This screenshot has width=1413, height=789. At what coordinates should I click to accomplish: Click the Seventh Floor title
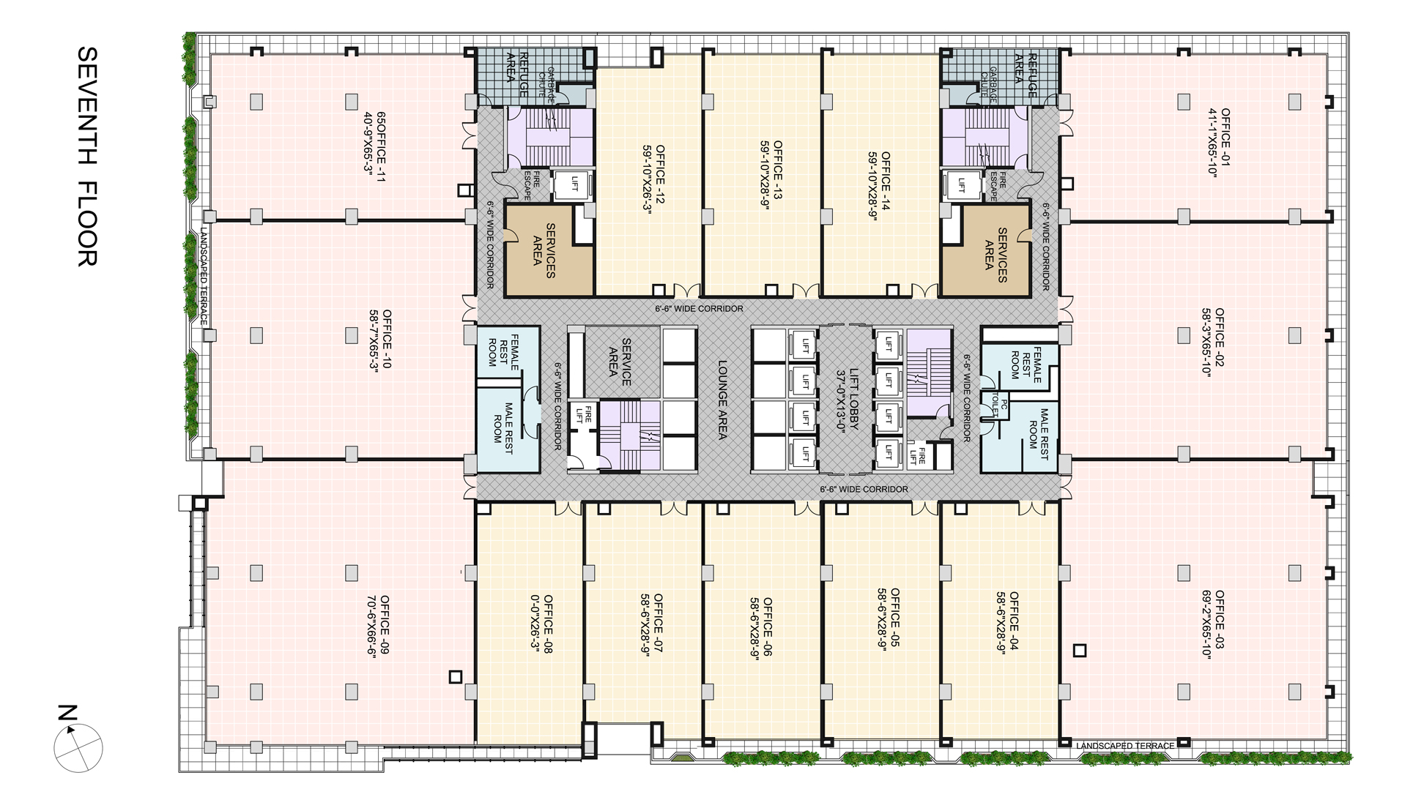87,157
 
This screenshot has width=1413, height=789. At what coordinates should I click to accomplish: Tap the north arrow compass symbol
78,748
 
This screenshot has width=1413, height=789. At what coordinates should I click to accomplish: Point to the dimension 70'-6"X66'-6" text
373,627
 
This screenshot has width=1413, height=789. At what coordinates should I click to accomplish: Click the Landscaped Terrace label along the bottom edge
1126,746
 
